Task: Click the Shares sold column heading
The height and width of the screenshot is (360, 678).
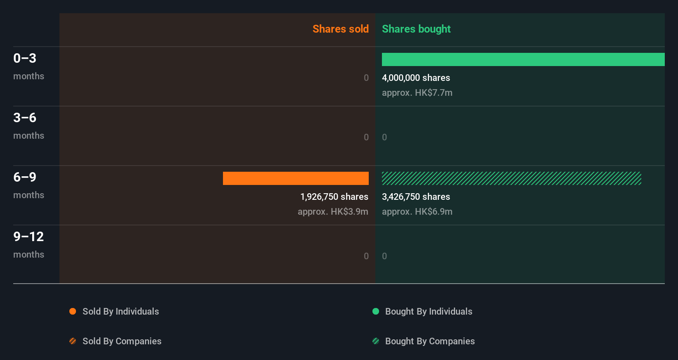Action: (340, 29)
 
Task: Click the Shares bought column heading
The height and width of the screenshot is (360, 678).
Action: (416, 29)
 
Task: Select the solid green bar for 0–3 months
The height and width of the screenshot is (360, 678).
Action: (523, 59)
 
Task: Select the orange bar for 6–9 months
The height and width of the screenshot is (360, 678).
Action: (296, 178)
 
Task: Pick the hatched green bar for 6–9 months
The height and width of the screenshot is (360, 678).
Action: (511, 178)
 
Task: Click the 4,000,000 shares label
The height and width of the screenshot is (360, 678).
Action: (416, 78)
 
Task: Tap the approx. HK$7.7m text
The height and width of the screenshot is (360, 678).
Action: (417, 92)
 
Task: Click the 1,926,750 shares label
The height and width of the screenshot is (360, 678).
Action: (334, 197)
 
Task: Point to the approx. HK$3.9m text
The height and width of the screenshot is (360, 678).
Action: (333, 211)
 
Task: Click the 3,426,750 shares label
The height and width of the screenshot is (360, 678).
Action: (416, 197)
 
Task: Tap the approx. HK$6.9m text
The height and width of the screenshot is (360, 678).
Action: (417, 211)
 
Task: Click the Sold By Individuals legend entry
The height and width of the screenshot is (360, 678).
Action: (120, 311)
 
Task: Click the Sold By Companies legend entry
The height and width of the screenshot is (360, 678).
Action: (121, 341)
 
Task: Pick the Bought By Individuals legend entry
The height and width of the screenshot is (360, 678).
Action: (428, 311)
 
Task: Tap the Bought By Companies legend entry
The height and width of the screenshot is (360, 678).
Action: (429, 341)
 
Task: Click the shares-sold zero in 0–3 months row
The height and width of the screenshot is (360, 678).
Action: (366, 78)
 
